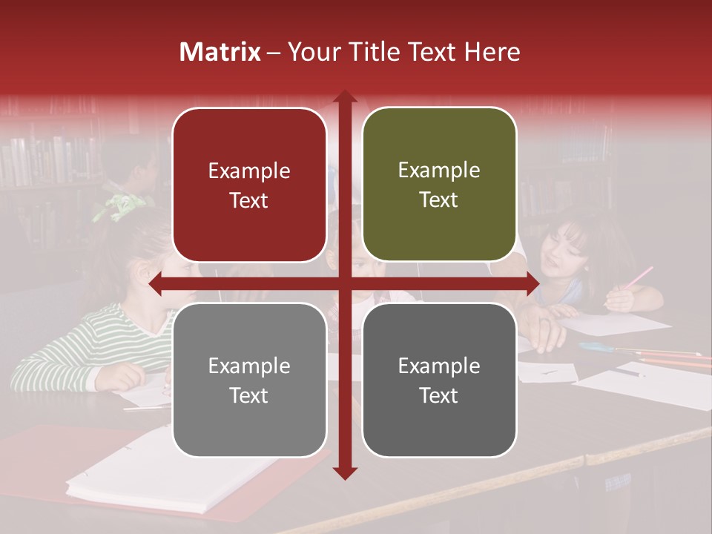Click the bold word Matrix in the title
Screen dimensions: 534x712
(x=220, y=52)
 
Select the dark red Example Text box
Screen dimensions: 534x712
(x=249, y=185)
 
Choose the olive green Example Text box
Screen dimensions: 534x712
(x=439, y=185)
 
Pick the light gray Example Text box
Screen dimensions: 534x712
(x=249, y=380)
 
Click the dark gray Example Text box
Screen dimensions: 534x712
(x=439, y=380)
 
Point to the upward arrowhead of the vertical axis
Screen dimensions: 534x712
(x=345, y=99)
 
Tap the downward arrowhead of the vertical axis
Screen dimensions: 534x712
(x=345, y=472)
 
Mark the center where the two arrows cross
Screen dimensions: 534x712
(x=345, y=284)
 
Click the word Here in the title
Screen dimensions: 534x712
(x=492, y=52)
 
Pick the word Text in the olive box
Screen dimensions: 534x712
(x=439, y=200)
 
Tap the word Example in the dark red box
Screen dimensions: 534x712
(x=249, y=171)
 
